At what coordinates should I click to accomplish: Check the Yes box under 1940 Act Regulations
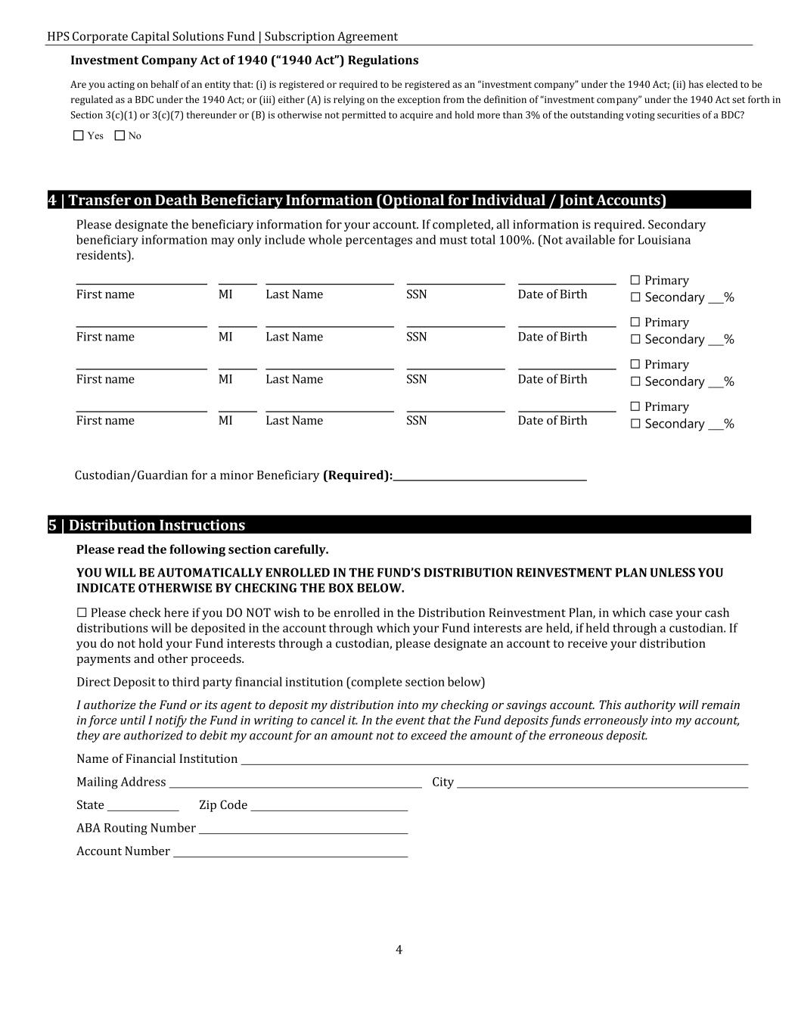pyautogui.click(x=79, y=136)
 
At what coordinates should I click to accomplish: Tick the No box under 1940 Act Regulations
pyautogui.click(x=120, y=136)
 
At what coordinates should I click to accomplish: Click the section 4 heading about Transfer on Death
pyautogui.click(x=357, y=201)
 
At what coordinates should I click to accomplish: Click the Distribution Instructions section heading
pyautogui.click(x=147, y=525)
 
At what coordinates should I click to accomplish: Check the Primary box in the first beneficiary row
pyautogui.click(x=635, y=281)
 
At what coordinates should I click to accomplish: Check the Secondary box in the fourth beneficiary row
pyautogui.click(x=635, y=425)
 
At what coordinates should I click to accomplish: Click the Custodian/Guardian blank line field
pyautogui.click(x=489, y=475)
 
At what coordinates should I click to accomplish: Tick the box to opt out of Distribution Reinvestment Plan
pyautogui.click(x=82, y=613)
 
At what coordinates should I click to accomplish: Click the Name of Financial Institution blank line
pyautogui.click(x=494, y=760)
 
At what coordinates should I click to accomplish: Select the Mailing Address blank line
pyautogui.click(x=295, y=783)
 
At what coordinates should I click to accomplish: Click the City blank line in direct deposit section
pyautogui.click(x=602, y=783)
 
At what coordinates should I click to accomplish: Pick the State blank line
pyautogui.click(x=143, y=806)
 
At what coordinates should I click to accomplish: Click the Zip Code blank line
pyautogui.click(x=329, y=806)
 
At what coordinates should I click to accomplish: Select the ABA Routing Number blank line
pyautogui.click(x=303, y=829)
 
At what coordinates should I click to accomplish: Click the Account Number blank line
pyautogui.click(x=290, y=852)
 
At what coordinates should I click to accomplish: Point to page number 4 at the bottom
pyautogui.click(x=399, y=951)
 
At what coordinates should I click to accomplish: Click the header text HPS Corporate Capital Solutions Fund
pyautogui.click(x=151, y=36)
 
